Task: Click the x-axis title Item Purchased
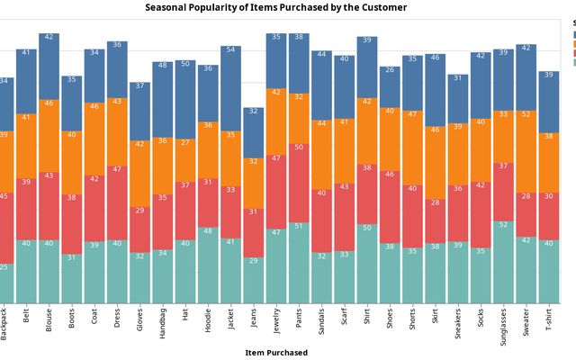pos(275,353)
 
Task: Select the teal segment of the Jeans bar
pos(254,279)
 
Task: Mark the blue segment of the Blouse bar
pos(49,68)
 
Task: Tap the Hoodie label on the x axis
pos(208,320)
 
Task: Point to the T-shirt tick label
pos(549,319)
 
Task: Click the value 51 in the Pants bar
pos(299,227)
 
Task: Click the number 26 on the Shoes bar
pos(390,69)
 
